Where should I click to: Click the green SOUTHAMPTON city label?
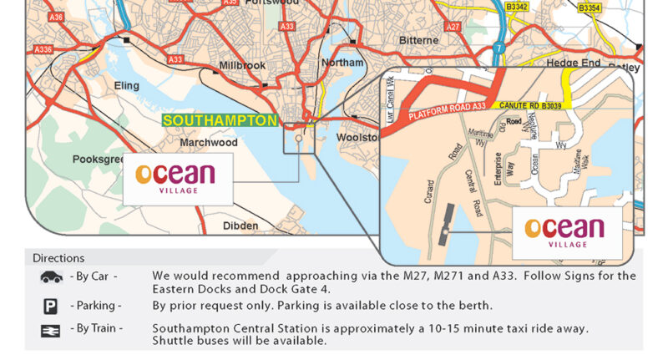tap(220, 120)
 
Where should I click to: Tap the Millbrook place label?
tap(241, 65)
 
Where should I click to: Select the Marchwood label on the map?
tap(209, 143)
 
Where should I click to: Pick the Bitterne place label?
tap(418, 40)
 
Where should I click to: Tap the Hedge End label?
tap(574, 63)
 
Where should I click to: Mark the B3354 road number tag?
tap(590, 8)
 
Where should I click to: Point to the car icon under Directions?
tap(51, 276)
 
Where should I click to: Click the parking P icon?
tap(50, 306)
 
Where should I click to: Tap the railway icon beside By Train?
tap(50, 331)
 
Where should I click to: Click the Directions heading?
tap(58, 258)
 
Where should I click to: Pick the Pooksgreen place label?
tap(100, 159)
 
